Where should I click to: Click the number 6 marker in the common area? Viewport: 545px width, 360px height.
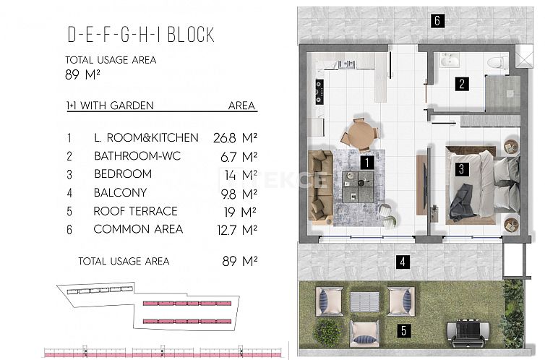point(437,20)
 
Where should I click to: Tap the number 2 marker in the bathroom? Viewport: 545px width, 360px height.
point(461,83)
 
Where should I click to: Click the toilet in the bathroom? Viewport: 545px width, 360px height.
point(495,64)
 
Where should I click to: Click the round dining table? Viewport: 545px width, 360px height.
point(359,134)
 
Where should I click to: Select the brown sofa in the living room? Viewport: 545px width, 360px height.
point(319,186)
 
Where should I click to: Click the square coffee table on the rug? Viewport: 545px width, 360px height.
point(359,181)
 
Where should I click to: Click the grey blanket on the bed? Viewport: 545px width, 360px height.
point(461,202)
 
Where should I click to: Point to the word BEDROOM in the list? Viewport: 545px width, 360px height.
point(123,174)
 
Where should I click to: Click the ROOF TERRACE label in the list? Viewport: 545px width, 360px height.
point(135,211)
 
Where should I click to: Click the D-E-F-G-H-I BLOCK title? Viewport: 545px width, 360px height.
point(140,35)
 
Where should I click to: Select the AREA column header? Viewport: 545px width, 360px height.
point(241,106)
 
